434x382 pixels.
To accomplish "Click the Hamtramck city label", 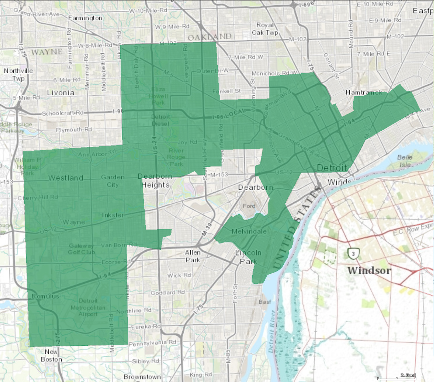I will [364, 93].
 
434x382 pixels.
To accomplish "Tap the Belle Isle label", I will [405, 161].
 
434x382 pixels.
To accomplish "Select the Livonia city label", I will [61, 93].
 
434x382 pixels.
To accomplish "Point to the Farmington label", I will [85, 18].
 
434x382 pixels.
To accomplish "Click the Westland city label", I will [66, 178].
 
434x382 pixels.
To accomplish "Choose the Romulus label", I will [45, 296].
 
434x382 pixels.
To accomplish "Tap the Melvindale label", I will [249, 232].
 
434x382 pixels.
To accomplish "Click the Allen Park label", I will [193, 256].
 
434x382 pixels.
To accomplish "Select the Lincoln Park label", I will [248, 257].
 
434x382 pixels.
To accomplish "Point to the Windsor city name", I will [369, 270].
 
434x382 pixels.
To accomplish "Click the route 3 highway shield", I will [353, 254].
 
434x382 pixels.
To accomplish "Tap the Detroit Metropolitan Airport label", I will [88, 307].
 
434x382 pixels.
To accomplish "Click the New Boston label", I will [51, 355].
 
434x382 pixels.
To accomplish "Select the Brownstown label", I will [142, 377].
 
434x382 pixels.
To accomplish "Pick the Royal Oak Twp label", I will [265, 29].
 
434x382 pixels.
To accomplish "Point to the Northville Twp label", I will [18, 75].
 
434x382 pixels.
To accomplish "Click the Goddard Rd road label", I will [168, 292].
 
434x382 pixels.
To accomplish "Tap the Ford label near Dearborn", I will [249, 206].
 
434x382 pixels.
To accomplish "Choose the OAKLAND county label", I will [210, 37].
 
